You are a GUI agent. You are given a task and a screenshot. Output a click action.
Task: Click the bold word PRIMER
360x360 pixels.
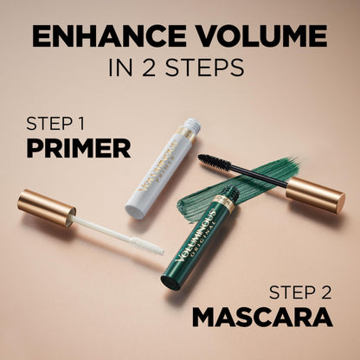[78, 147]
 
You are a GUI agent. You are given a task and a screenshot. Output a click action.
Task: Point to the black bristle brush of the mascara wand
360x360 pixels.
[216, 164]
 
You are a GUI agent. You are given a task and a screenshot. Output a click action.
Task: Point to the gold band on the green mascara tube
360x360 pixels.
[223, 206]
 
